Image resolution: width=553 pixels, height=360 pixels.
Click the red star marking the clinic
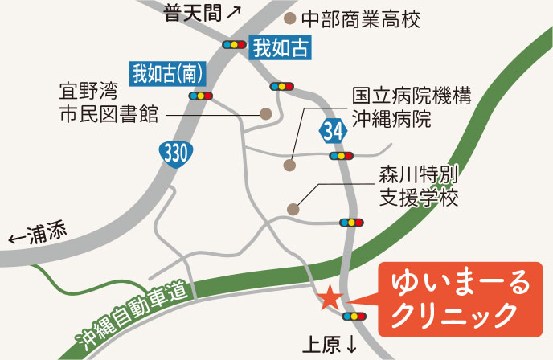(330, 299)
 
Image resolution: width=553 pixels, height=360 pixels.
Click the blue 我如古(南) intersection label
(167, 73)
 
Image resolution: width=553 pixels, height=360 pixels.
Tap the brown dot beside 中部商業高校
(290, 17)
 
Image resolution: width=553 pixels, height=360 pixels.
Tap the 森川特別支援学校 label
(417, 186)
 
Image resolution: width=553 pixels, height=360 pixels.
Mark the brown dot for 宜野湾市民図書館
(266, 114)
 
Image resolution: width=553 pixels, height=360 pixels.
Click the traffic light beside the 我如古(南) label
(201, 95)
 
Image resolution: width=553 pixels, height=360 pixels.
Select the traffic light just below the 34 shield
(342, 156)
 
